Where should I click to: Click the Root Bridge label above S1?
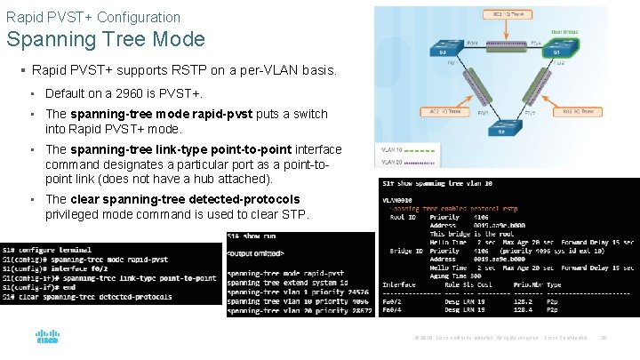pyautogui.click(x=564, y=31)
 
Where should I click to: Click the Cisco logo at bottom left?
pyautogui.click(x=47, y=338)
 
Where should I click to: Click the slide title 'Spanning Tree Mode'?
pyautogui.click(x=106, y=39)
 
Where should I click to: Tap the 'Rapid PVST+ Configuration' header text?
pyautogui.click(x=92, y=17)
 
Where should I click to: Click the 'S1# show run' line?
pyautogui.click(x=252, y=236)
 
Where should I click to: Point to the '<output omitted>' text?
pyautogui.click(x=257, y=255)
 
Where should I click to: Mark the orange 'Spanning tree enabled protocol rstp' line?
pyautogui.click(x=449, y=207)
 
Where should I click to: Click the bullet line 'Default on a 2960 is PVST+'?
pyautogui.click(x=124, y=93)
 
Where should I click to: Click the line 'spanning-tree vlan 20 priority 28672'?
pyautogui.click(x=300, y=310)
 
